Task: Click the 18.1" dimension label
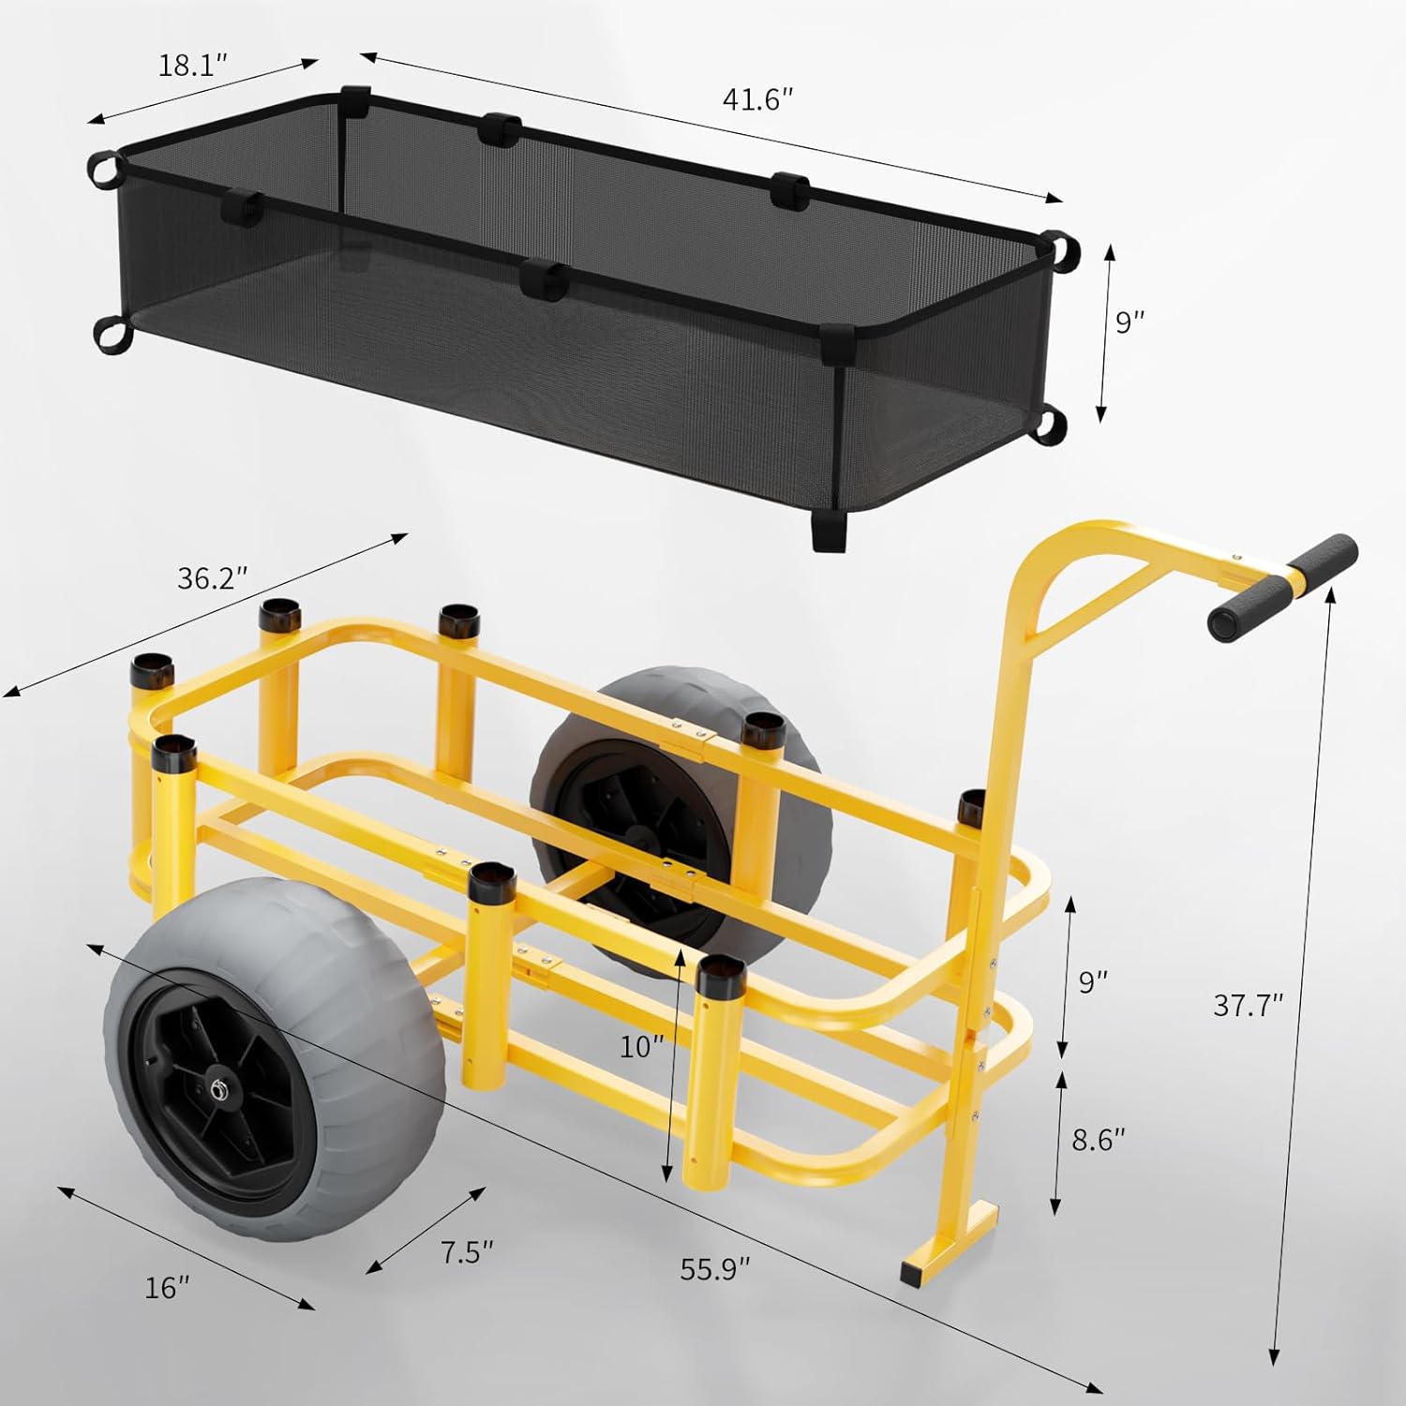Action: tap(193, 67)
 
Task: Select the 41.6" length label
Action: tap(758, 99)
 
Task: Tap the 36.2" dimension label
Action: tap(213, 578)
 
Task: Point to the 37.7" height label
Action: tap(1248, 1005)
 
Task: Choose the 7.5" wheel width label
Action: tap(467, 1251)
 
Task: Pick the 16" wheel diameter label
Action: tap(168, 1288)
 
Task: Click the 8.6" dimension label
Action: tap(1099, 1140)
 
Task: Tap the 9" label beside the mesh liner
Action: tap(1130, 322)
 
